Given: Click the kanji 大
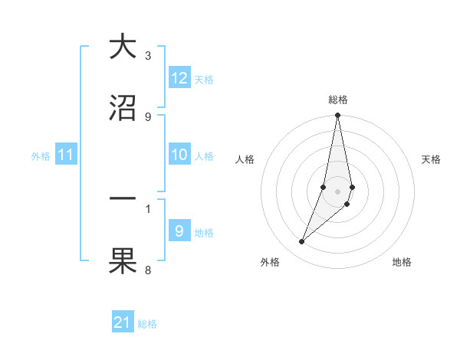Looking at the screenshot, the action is (x=122, y=47).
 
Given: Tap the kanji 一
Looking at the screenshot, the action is (x=122, y=198).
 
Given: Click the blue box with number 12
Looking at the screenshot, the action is (x=179, y=78).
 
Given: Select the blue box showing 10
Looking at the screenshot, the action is (x=179, y=155).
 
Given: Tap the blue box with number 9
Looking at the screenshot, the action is (x=179, y=231).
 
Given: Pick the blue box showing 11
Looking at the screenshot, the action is (x=66, y=155).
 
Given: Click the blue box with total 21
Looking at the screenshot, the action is (x=123, y=322).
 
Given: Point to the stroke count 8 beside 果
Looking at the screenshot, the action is (x=148, y=270).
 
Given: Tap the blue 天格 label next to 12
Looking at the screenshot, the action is (x=204, y=79).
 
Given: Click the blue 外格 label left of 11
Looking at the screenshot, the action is (x=41, y=155).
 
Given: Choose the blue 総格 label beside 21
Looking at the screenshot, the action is (x=147, y=323).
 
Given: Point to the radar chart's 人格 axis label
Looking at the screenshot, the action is (x=245, y=159).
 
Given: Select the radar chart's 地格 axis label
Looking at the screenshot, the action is (x=402, y=262).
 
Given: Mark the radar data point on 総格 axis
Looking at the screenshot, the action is (x=337, y=116).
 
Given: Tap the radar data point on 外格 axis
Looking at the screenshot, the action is (x=302, y=242).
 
